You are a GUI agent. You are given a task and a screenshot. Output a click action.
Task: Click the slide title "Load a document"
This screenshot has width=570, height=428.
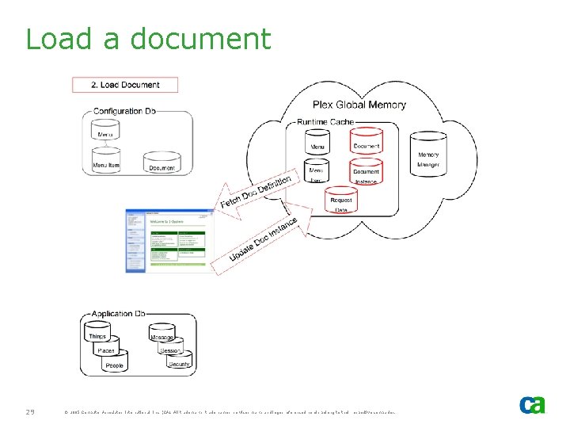148,39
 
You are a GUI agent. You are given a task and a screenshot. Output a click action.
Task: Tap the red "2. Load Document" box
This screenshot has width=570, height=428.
125,85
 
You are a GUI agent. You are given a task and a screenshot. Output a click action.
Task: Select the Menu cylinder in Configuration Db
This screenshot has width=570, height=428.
104,134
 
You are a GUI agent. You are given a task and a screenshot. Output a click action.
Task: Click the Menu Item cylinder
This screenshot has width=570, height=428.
106,162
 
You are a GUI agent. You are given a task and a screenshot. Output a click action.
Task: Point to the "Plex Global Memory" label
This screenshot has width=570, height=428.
359,105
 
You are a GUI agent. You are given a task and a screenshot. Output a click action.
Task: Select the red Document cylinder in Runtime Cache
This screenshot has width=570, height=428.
366,143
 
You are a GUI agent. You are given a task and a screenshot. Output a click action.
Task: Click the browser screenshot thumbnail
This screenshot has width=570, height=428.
169,240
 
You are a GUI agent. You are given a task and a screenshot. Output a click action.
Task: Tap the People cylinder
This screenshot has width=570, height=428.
115,364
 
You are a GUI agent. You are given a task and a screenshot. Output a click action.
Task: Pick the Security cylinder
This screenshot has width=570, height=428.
178,362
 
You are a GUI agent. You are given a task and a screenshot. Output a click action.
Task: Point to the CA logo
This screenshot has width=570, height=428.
532,405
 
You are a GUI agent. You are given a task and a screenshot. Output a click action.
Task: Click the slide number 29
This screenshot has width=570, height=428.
31,411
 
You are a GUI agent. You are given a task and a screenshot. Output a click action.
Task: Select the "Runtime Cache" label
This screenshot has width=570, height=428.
325,122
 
